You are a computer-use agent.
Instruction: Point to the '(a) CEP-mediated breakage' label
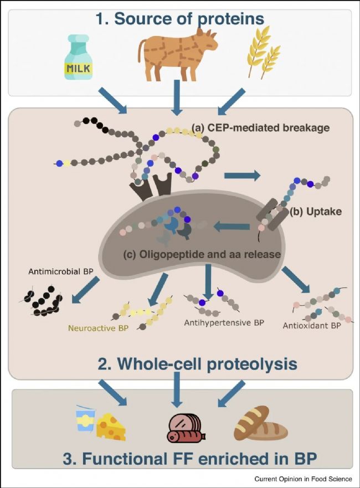click(260, 128)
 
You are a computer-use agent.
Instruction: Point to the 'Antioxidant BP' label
click(311, 325)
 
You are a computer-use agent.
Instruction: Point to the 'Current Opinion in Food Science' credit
click(302, 478)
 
